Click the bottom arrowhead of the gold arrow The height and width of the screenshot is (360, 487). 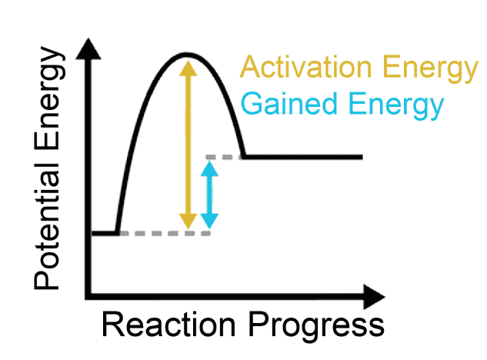185,222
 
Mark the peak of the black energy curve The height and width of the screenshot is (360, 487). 185,55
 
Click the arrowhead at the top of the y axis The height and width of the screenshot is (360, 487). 92,47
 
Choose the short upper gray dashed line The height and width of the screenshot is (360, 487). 224,157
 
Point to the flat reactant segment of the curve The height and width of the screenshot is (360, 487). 105,232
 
